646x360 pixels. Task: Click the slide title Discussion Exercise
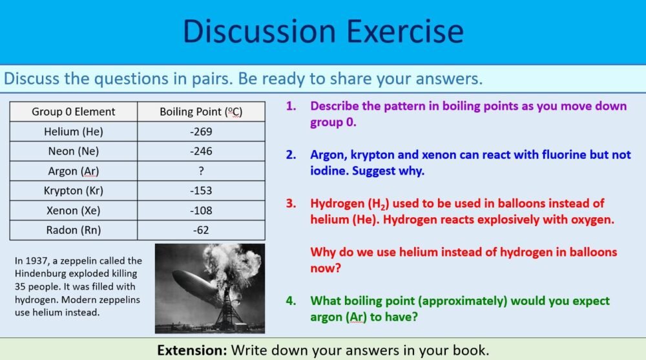pyautogui.click(x=323, y=31)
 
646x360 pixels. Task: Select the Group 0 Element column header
pyautogui.click(x=74, y=112)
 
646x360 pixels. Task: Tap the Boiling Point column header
pyautogui.click(x=201, y=112)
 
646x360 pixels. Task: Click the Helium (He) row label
pyautogui.click(x=74, y=132)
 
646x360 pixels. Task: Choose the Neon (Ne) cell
pyautogui.click(x=74, y=151)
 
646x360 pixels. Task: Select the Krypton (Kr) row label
pyautogui.click(x=74, y=191)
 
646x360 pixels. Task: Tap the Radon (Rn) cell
pyautogui.click(x=74, y=230)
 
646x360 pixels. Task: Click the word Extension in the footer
pyautogui.click(x=191, y=350)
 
